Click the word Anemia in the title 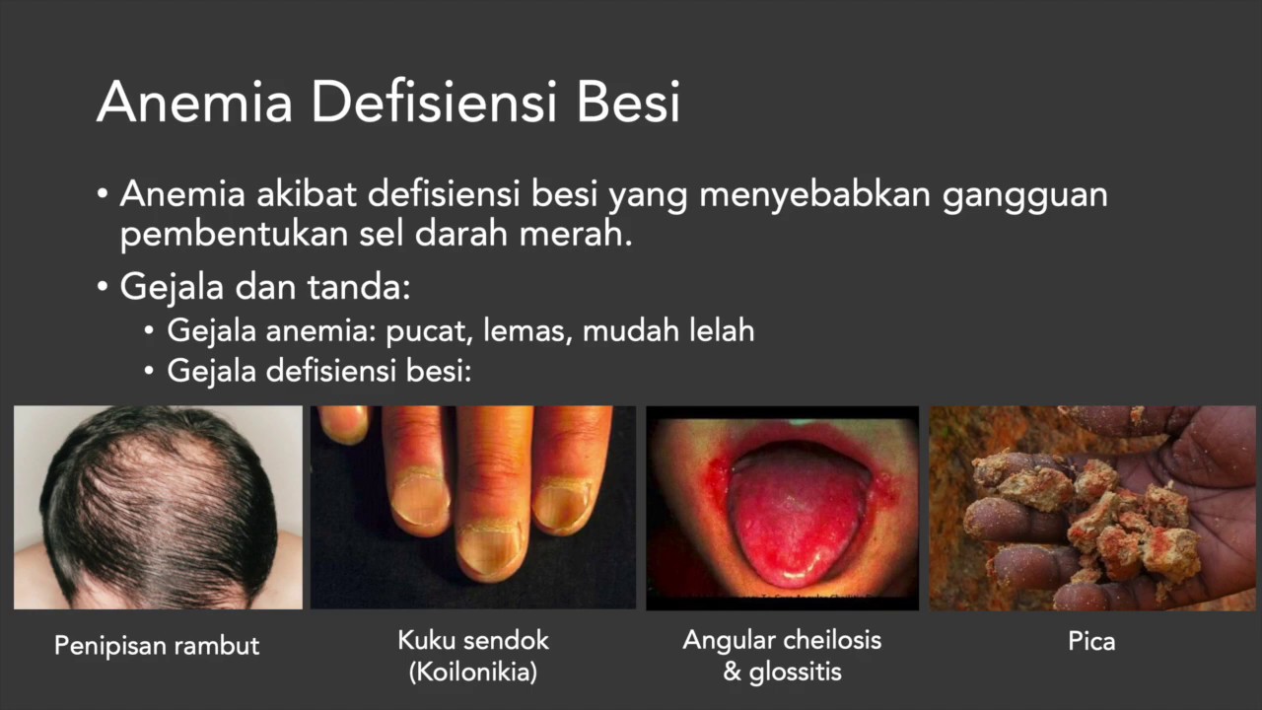tap(194, 103)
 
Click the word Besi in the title tap(628, 103)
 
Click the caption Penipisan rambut tap(157, 646)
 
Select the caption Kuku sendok tap(473, 640)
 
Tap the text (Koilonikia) tap(473, 673)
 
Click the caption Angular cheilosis tap(782, 640)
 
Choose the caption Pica tap(1091, 642)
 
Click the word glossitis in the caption tap(795, 673)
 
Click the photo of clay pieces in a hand tap(1092, 507)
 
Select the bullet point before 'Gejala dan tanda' tap(104, 288)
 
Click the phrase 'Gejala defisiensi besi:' tap(319, 371)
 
